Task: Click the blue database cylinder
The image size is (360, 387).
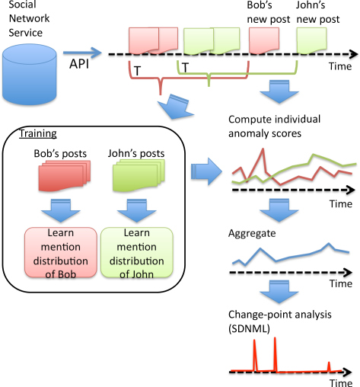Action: (x=30, y=75)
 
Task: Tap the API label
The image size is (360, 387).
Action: (x=79, y=64)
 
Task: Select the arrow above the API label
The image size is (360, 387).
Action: (x=82, y=53)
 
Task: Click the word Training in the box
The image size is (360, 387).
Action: (x=38, y=133)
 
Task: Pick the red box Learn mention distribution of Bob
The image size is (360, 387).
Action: (x=61, y=252)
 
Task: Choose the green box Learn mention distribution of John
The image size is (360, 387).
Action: (x=137, y=252)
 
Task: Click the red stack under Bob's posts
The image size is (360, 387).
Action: (x=65, y=175)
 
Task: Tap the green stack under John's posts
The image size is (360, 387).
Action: (x=139, y=175)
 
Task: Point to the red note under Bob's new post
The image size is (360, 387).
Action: (x=264, y=40)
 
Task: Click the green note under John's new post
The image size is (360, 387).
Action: (x=311, y=41)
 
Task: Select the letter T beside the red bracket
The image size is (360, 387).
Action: (x=137, y=71)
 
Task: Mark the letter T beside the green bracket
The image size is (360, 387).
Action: (x=186, y=68)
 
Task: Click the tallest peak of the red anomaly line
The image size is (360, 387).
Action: (x=263, y=149)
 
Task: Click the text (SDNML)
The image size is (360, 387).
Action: (x=249, y=329)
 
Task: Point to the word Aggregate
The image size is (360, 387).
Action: (x=252, y=234)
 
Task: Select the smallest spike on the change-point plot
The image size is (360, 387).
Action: (x=329, y=366)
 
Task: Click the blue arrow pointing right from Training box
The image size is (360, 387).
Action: (x=206, y=171)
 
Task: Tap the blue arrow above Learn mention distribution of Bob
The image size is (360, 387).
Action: (x=61, y=210)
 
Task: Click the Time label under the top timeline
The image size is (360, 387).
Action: (x=340, y=66)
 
